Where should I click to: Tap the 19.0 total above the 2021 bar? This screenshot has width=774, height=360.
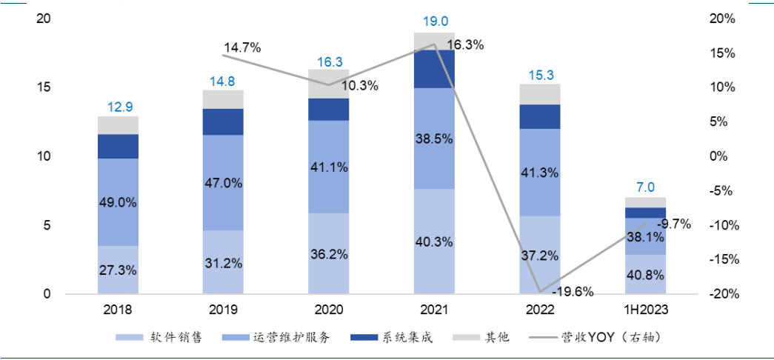(x=433, y=24)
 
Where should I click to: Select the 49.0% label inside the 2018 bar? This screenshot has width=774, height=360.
(x=117, y=202)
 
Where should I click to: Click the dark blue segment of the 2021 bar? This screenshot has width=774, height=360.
(x=433, y=69)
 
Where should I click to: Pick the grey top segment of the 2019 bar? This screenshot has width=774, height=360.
(x=222, y=99)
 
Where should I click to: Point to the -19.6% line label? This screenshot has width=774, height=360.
(x=573, y=291)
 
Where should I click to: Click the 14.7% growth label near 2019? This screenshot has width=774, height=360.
(x=242, y=48)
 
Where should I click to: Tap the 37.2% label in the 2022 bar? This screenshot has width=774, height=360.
(x=539, y=255)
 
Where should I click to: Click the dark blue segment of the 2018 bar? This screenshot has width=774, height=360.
(x=117, y=146)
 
